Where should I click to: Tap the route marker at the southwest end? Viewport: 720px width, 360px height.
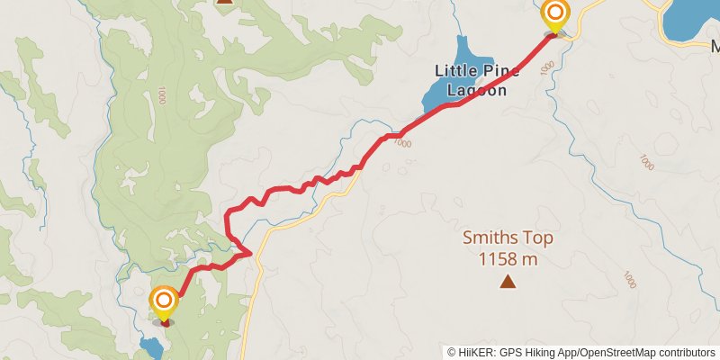pos(164,301)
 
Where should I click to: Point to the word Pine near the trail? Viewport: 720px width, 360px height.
pos(501,70)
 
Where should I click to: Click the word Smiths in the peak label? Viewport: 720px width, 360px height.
pos(491,239)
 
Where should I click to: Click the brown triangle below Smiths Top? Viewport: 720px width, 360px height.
pos(508,283)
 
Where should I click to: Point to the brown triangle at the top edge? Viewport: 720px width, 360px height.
pos(225,2)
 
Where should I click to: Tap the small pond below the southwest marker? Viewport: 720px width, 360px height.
pos(150,346)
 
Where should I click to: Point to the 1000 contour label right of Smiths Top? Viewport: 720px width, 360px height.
pos(645,162)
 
